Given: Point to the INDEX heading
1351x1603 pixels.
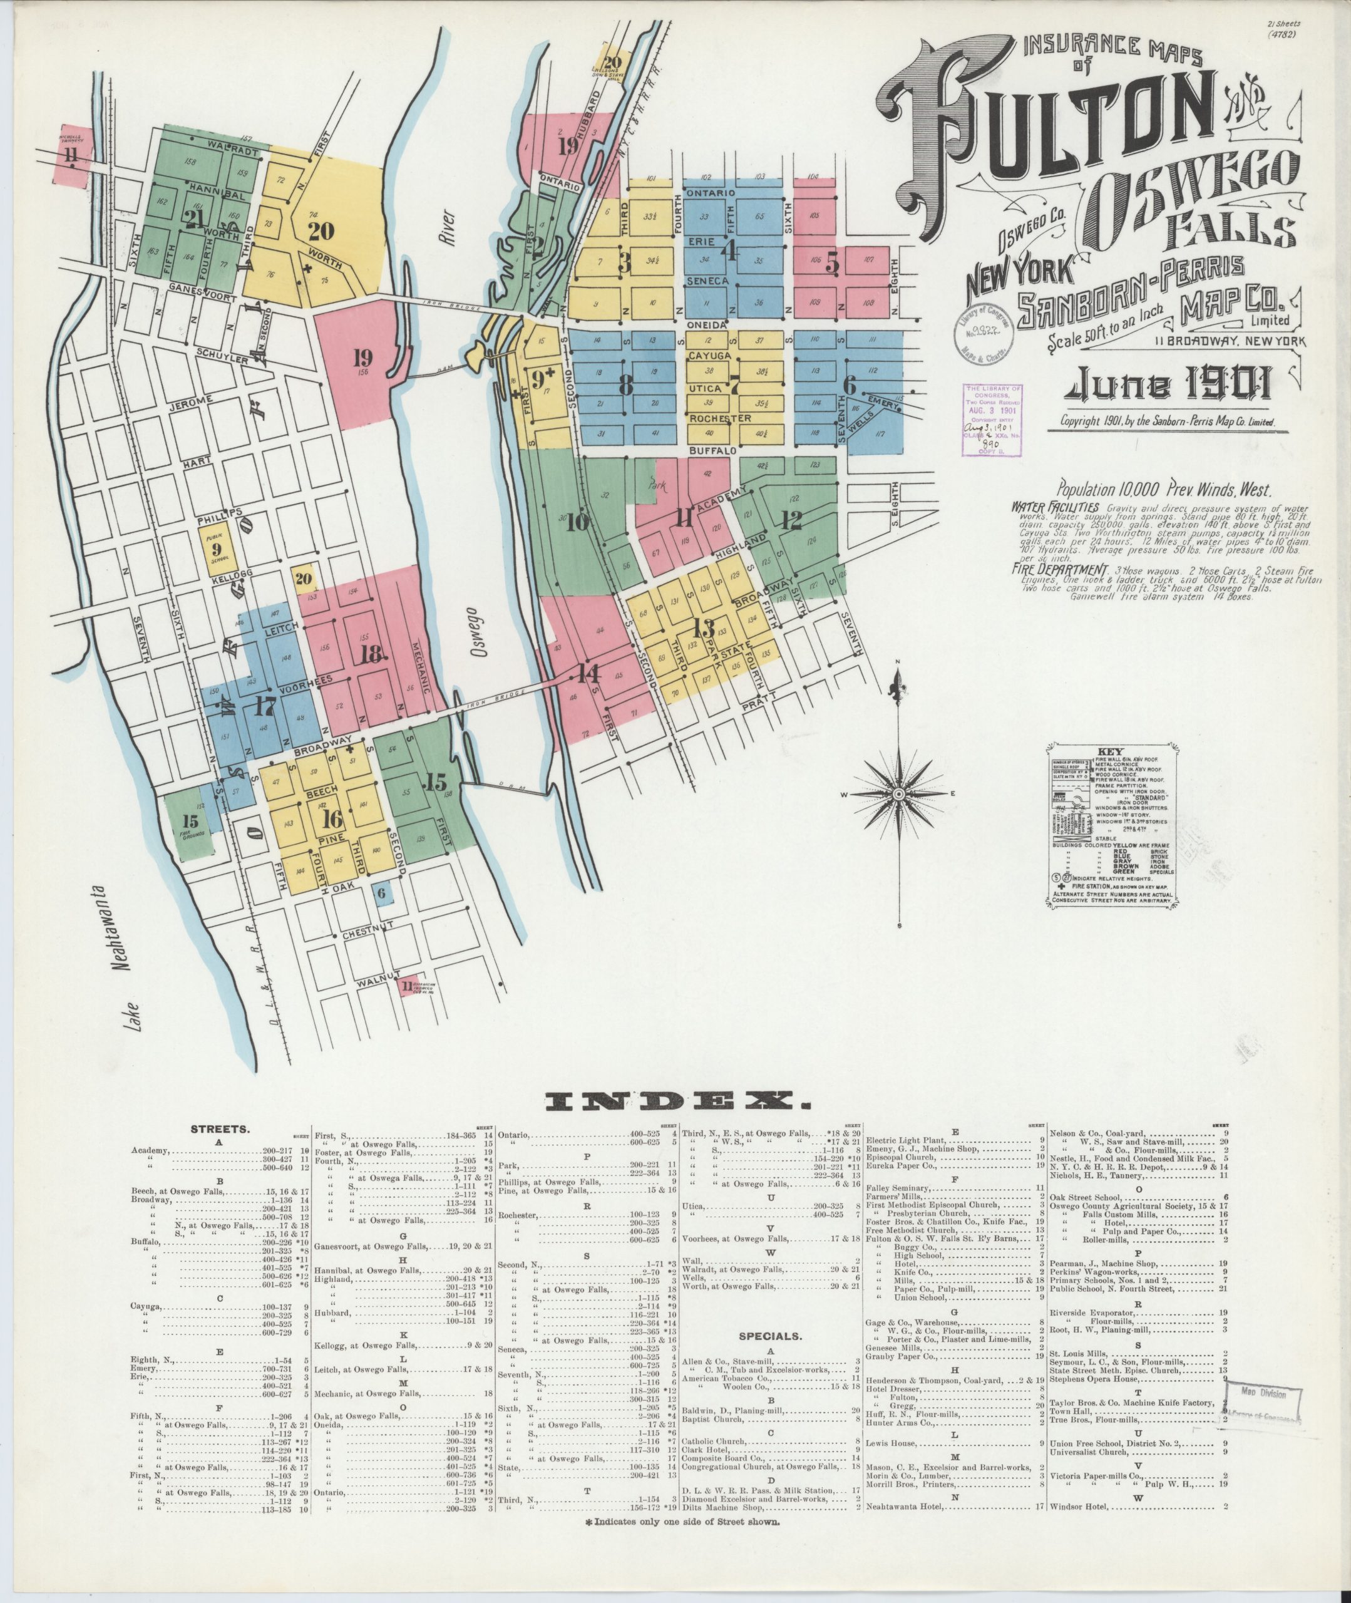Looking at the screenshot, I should [x=675, y=1102].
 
